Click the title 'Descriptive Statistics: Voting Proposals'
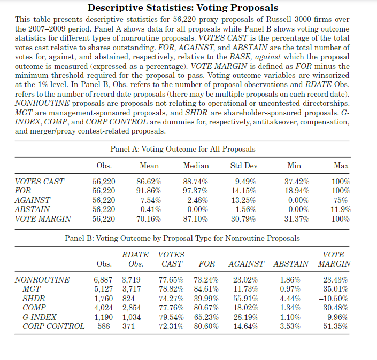click(x=182, y=7)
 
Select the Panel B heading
click(x=182, y=238)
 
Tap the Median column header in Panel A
click(x=196, y=166)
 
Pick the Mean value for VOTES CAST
click(x=149, y=182)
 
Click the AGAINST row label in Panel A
click(x=32, y=200)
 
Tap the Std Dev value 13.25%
click(x=243, y=200)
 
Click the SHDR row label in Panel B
click(x=33, y=298)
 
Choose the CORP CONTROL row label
click(x=53, y=326)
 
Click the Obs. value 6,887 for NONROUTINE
click(x=104, y=280)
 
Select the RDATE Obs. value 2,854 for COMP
click(x=133, y=308)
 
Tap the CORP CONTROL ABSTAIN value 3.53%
click(x=290, y=326)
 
